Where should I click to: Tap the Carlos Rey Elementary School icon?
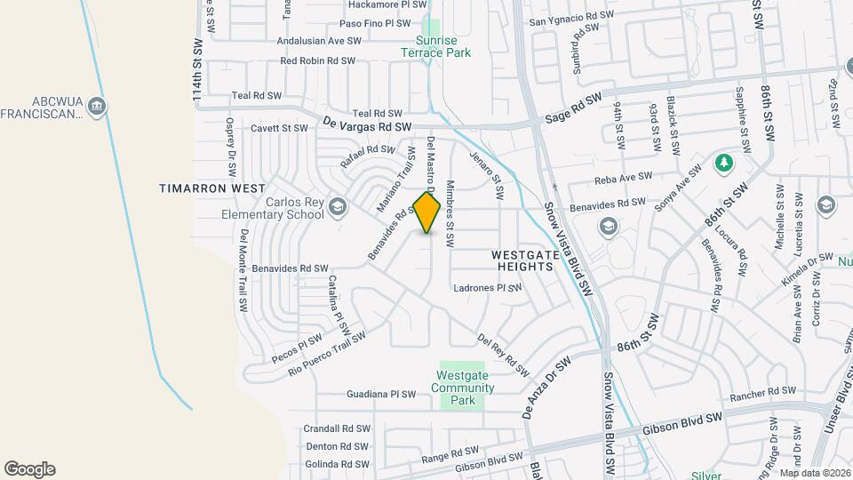337,208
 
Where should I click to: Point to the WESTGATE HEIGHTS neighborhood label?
525,260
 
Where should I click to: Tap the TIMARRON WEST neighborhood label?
212,188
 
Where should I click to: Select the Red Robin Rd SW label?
317,61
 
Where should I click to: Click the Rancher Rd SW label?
762,391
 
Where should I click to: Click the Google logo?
29,469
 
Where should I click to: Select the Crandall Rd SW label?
337,428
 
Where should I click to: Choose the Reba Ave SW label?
624,176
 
